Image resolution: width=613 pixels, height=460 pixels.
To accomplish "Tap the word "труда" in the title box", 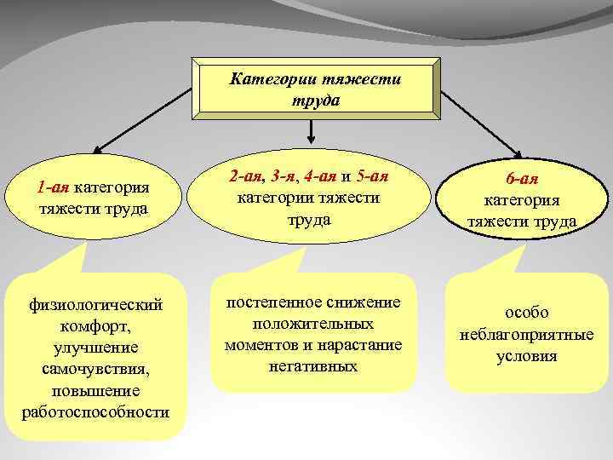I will click(x=314, y=100).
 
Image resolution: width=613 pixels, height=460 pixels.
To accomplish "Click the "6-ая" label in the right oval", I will click(x=521, y=181).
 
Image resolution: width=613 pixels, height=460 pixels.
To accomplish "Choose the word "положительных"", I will click(x=313, y=325).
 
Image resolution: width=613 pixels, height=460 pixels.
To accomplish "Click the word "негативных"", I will click(x=313, y=365).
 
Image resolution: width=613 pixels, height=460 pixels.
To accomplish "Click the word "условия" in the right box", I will click(x=526, y=355).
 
